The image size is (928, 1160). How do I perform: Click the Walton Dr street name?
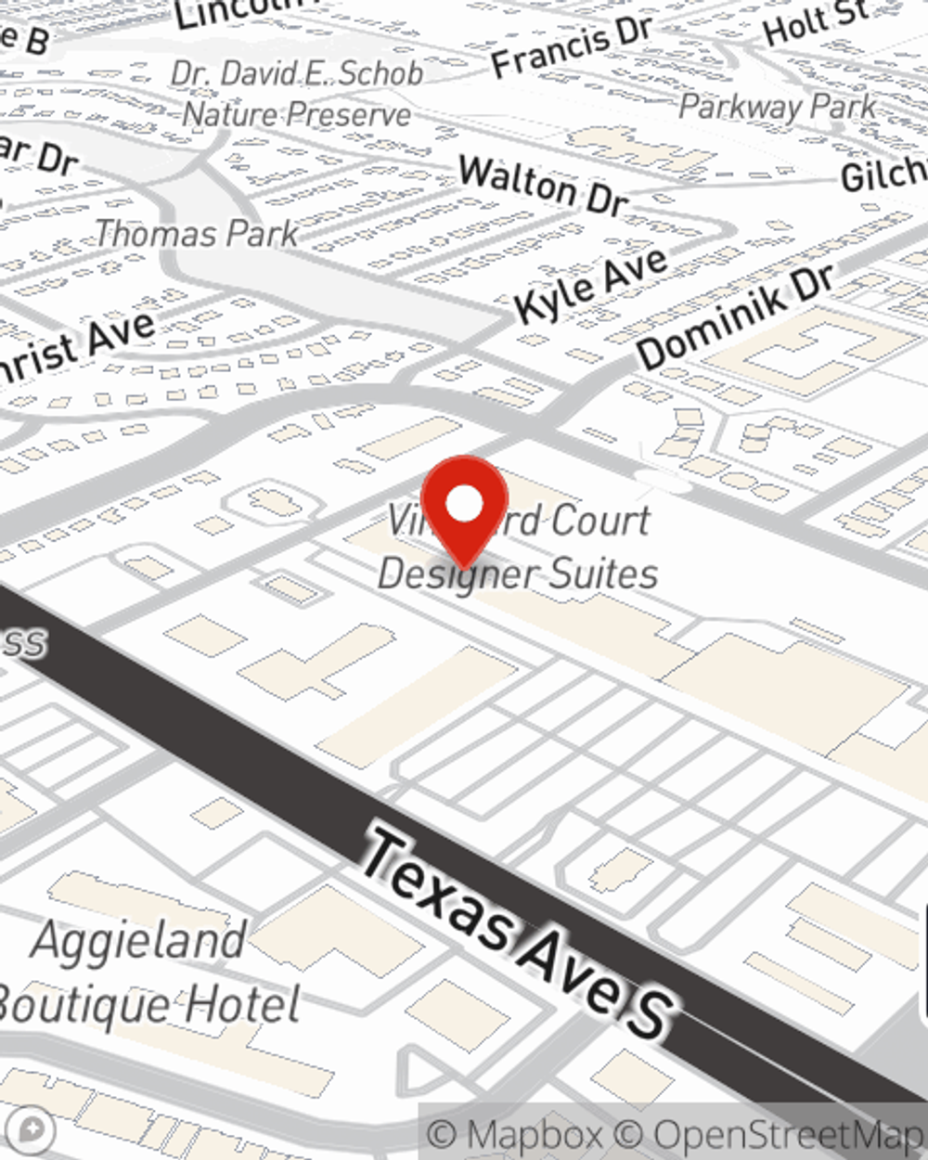(x=543, y=185)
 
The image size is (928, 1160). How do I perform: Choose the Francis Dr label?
(x=572, y=46)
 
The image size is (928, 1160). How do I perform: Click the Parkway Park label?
(x=778, y=107)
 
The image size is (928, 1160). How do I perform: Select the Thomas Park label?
(x=197, y=233)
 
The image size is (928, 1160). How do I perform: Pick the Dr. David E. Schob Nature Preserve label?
(x=297, y=94)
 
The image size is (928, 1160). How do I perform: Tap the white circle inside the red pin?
(x=464, y=505)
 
